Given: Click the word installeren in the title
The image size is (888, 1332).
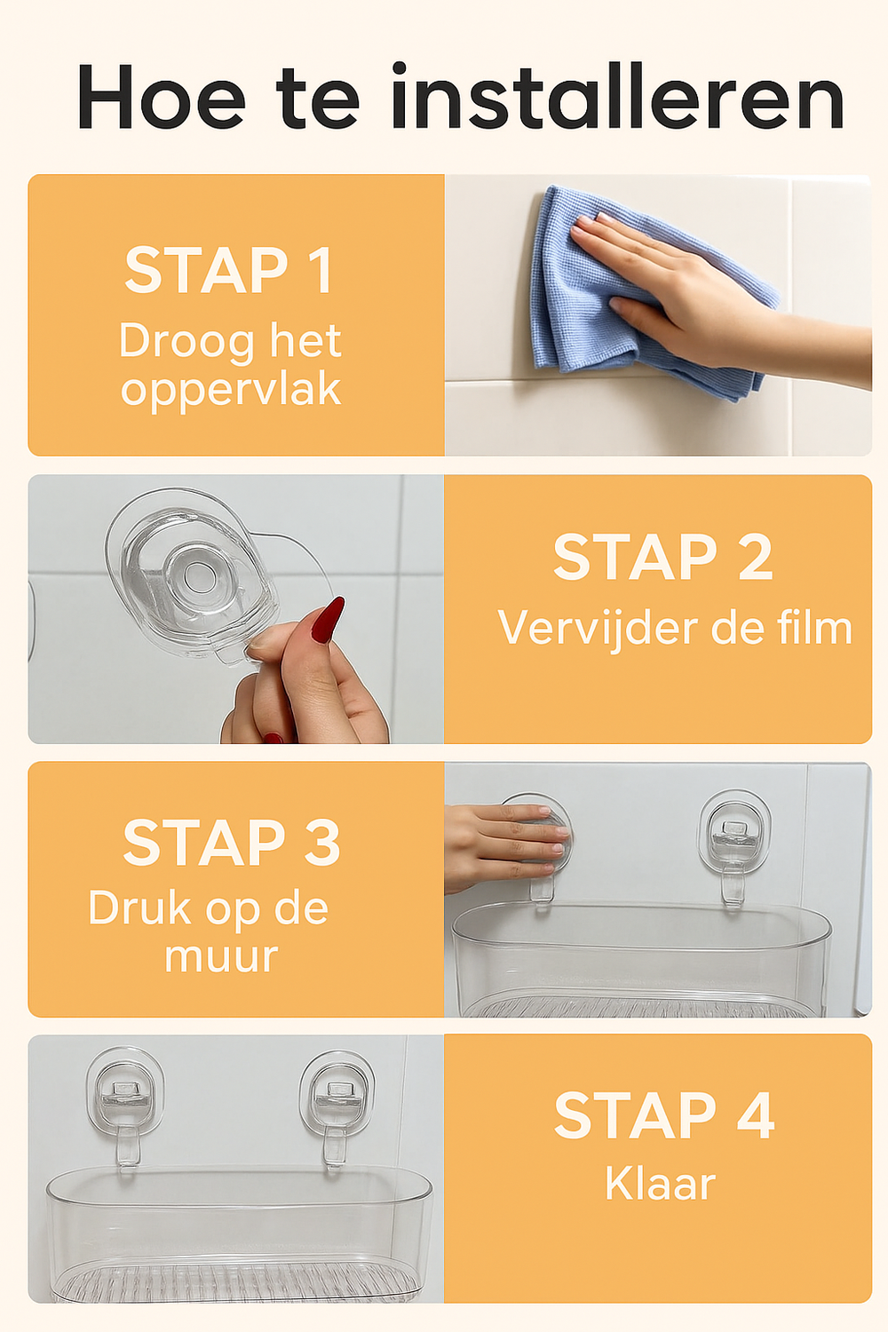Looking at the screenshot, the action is click(x=618, y=96).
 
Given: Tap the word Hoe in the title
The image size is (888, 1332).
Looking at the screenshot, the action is click(x=161, y=96).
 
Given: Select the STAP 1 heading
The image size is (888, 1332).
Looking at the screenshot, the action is click(x=228, y=270).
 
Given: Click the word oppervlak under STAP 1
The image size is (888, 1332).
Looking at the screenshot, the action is click(x=231, y=390).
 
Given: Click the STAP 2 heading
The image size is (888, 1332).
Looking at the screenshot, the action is click(x=663, y=556).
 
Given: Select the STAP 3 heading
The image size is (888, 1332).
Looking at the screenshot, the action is click(x=232, y=843).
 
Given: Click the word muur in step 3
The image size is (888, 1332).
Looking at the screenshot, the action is click(x=221, y=956).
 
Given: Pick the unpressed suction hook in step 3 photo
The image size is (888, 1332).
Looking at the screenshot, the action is click(x=734, y=845).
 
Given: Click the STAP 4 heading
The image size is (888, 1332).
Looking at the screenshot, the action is click(x=664, y=1115).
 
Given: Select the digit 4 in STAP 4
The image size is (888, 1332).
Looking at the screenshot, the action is click(x=756, y=1115).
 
